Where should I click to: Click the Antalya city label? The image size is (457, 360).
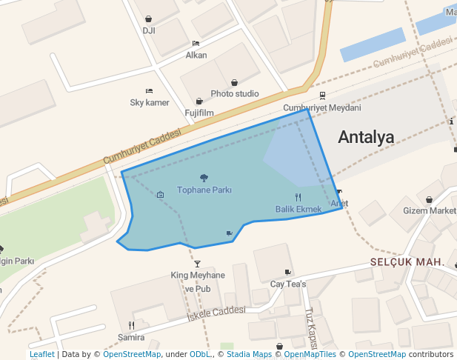pos(366,137)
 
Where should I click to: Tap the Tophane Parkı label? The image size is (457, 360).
pos(204,190)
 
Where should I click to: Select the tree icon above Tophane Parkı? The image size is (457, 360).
pos(204,178)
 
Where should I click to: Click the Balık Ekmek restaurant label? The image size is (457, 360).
pos(298,210)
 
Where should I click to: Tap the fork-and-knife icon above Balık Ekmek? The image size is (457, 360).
pos(298,197)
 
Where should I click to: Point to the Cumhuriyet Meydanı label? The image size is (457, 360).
pos(322,108)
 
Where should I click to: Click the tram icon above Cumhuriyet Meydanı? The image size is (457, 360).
pos(322,95)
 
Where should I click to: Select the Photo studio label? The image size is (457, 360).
pos(235,94)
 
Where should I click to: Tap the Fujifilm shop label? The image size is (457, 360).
pos(199,113)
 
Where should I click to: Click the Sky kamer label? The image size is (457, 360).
pos(150,102)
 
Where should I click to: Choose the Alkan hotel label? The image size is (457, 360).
pos(196,55)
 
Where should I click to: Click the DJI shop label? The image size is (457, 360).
pos(149,31)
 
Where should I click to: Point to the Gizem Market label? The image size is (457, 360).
pos(430,210)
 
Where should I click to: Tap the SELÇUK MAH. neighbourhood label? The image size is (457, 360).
pos(407,263)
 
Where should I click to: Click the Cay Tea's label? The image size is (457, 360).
pos(288,284)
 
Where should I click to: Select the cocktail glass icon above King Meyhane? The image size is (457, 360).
pos(197,264)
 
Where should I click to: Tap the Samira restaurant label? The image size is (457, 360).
pos(131,337)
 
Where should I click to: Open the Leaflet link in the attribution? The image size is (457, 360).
pos(42,355)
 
